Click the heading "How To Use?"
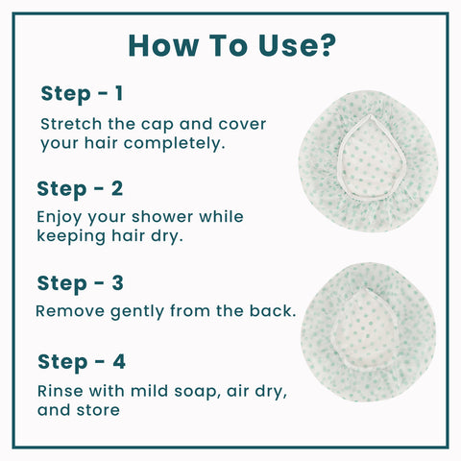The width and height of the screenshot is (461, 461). coord(231,45)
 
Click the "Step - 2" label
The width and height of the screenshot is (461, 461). coord(80,187)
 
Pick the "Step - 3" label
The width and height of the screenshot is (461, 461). coord(81,283)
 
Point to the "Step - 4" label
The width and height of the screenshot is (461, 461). coord(82,363)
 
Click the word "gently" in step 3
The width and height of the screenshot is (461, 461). coord(137,313)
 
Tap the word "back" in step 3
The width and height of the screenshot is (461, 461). coord(272,312)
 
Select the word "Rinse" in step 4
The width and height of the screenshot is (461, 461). coord(60,392)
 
